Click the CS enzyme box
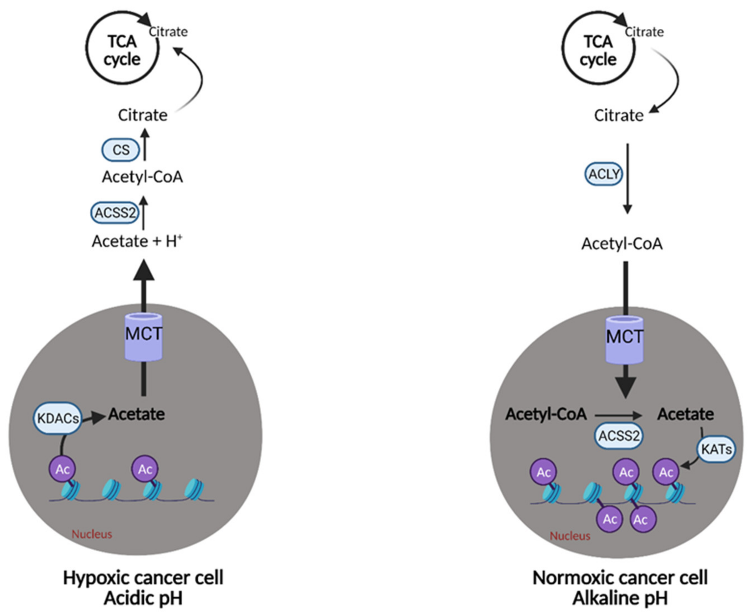point(121,150)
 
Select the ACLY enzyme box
point(603,174)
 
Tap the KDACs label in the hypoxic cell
point(57,418)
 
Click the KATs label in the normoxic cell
point(716,450)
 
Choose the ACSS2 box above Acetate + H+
point(115,213)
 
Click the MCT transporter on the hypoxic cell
point(143,336)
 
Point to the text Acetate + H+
point(137,242)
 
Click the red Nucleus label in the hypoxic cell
point(92,534)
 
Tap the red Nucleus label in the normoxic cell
point(570,536)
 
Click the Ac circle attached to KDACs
point(62,469)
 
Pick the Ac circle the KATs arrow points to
point(666,472)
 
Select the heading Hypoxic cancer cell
point(143,578)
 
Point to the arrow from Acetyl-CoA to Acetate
point(618,415)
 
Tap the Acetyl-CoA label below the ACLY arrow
point(622,244)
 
